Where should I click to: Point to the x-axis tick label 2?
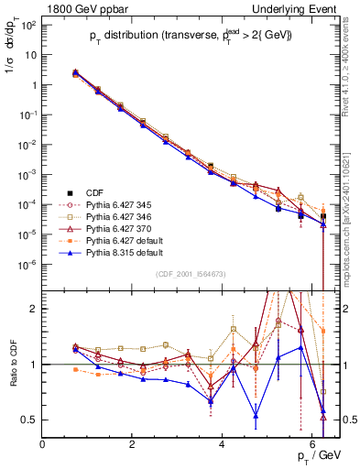point(133,444)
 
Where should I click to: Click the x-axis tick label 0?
point(43,444)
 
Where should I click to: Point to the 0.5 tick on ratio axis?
point(29,420)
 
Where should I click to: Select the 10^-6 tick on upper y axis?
point(27,264)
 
